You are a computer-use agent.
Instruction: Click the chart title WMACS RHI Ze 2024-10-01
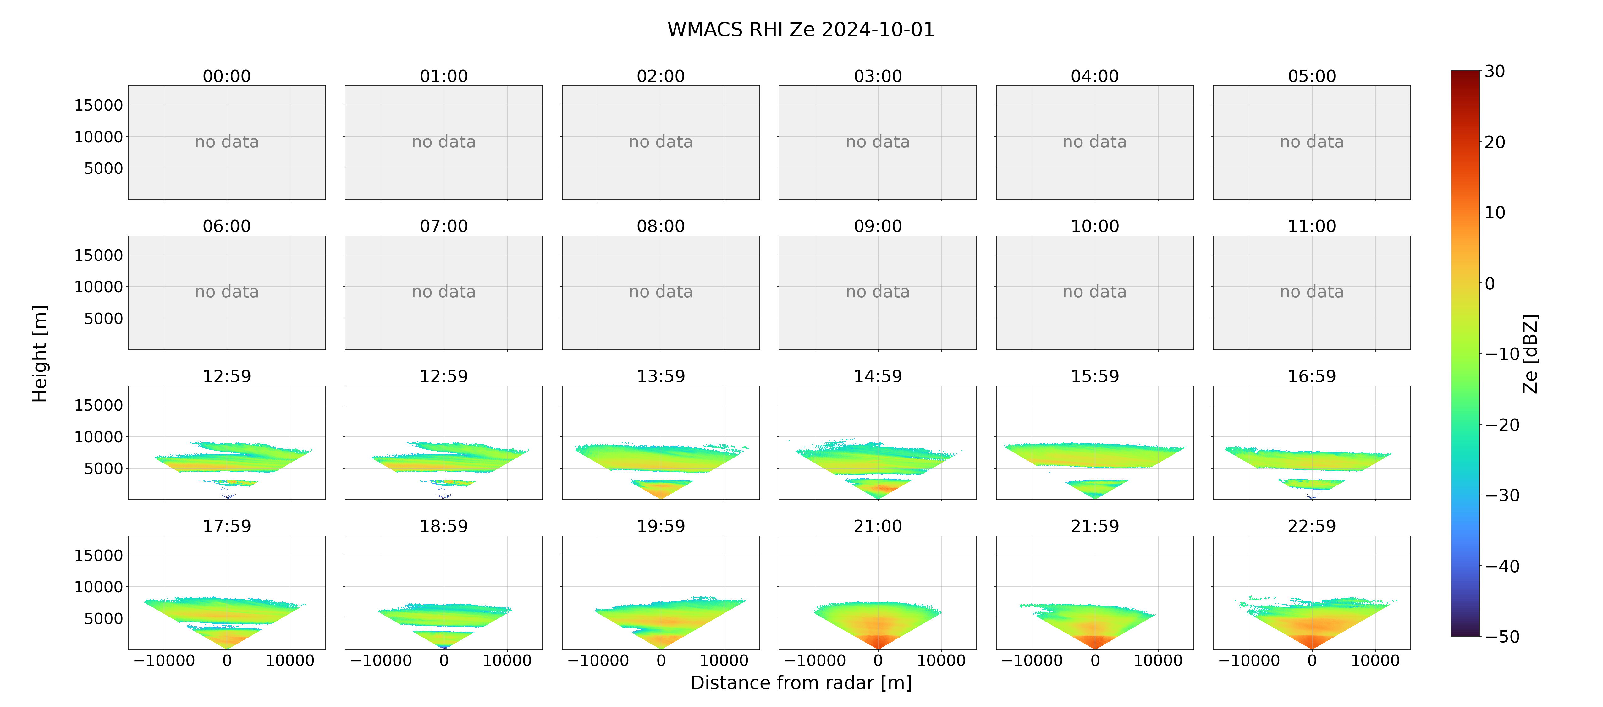tap(801, 30)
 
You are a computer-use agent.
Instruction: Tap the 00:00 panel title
tap(227, 77)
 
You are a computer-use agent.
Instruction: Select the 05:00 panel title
tap(1312, 77)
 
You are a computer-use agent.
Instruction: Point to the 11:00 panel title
tap(1312, 227)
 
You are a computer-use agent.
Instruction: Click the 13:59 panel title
tap(661, 376)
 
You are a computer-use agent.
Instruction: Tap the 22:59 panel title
tap(1312, 527)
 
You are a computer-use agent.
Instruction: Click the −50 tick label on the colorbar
tap(1502, 637)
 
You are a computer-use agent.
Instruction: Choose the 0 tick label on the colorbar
tap(1490, 284)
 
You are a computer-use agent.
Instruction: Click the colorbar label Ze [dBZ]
tap(1530, 353)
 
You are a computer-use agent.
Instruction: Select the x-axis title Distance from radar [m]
tap(801, 683)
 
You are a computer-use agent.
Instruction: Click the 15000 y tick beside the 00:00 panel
tap(98, 105)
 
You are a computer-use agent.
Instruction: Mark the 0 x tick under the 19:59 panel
tap(661, 660)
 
